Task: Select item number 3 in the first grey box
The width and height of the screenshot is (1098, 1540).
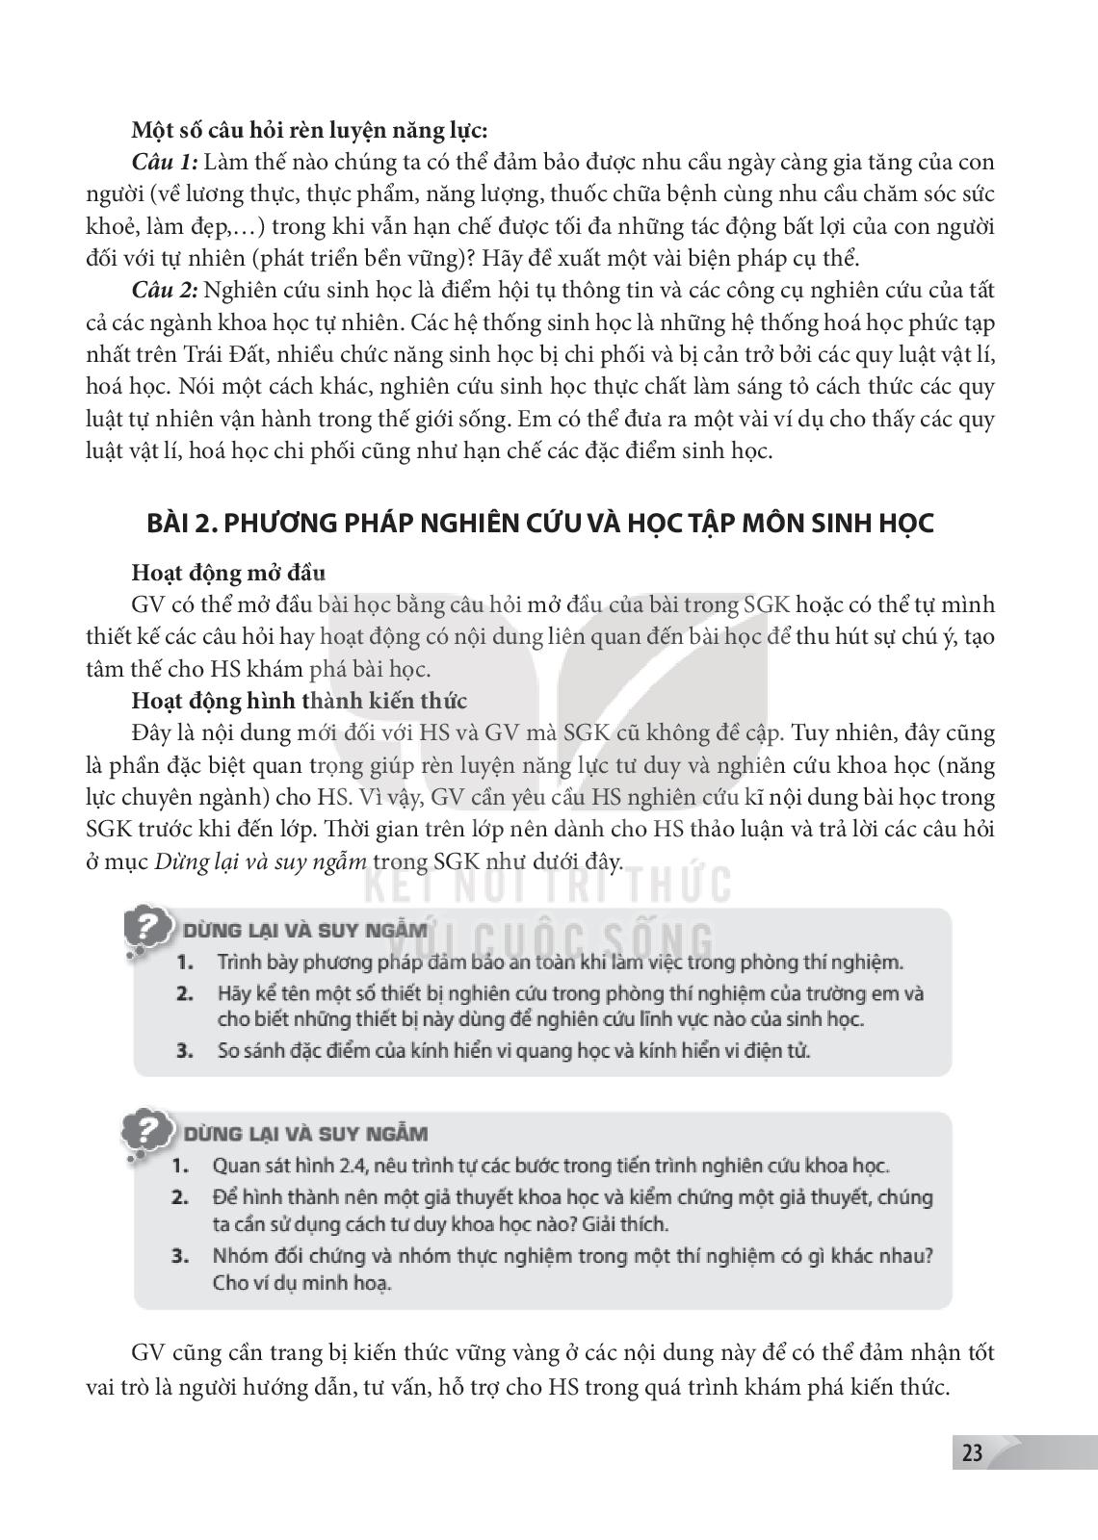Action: (185, 1050)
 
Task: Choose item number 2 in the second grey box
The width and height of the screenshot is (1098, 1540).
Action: (179, 1197)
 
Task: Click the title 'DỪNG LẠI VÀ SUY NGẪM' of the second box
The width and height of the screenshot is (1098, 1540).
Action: (306, 1134)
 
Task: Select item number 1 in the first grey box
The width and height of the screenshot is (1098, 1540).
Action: (185, 962)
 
